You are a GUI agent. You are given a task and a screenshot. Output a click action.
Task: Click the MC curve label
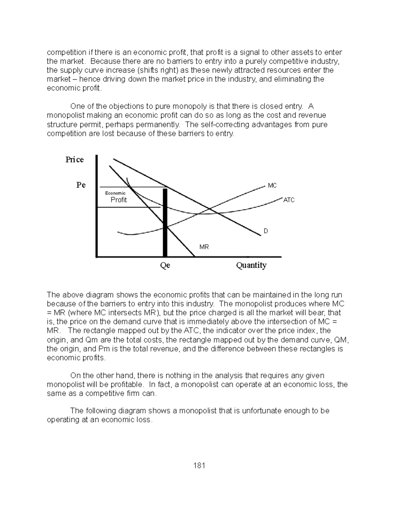click(x=272, y=186)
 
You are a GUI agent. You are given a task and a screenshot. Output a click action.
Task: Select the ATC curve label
click(x=289, y=200)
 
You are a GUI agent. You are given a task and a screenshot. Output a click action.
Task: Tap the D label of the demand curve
click(x=266, y=231)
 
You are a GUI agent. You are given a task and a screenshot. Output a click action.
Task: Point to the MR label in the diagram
click(x=204, y=247)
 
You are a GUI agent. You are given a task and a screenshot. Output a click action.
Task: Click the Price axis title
click(x=74, y=160)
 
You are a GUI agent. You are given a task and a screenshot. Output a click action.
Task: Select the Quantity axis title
click(x=251, y=265)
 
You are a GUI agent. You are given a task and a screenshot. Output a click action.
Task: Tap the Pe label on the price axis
click(x=81, y=185)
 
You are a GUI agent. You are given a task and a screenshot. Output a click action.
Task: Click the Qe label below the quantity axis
click(x=165, y=265)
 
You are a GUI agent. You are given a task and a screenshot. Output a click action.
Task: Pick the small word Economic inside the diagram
click(x=115, y=193)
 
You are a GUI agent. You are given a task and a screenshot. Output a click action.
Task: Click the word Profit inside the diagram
click(x=119, y=200)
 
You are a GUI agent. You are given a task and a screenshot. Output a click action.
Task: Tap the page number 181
click(x=199, y=465)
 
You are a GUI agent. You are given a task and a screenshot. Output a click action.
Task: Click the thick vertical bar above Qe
click(x=165, y=223)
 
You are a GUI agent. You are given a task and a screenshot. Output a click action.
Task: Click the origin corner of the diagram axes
click(x=96, y=257)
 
